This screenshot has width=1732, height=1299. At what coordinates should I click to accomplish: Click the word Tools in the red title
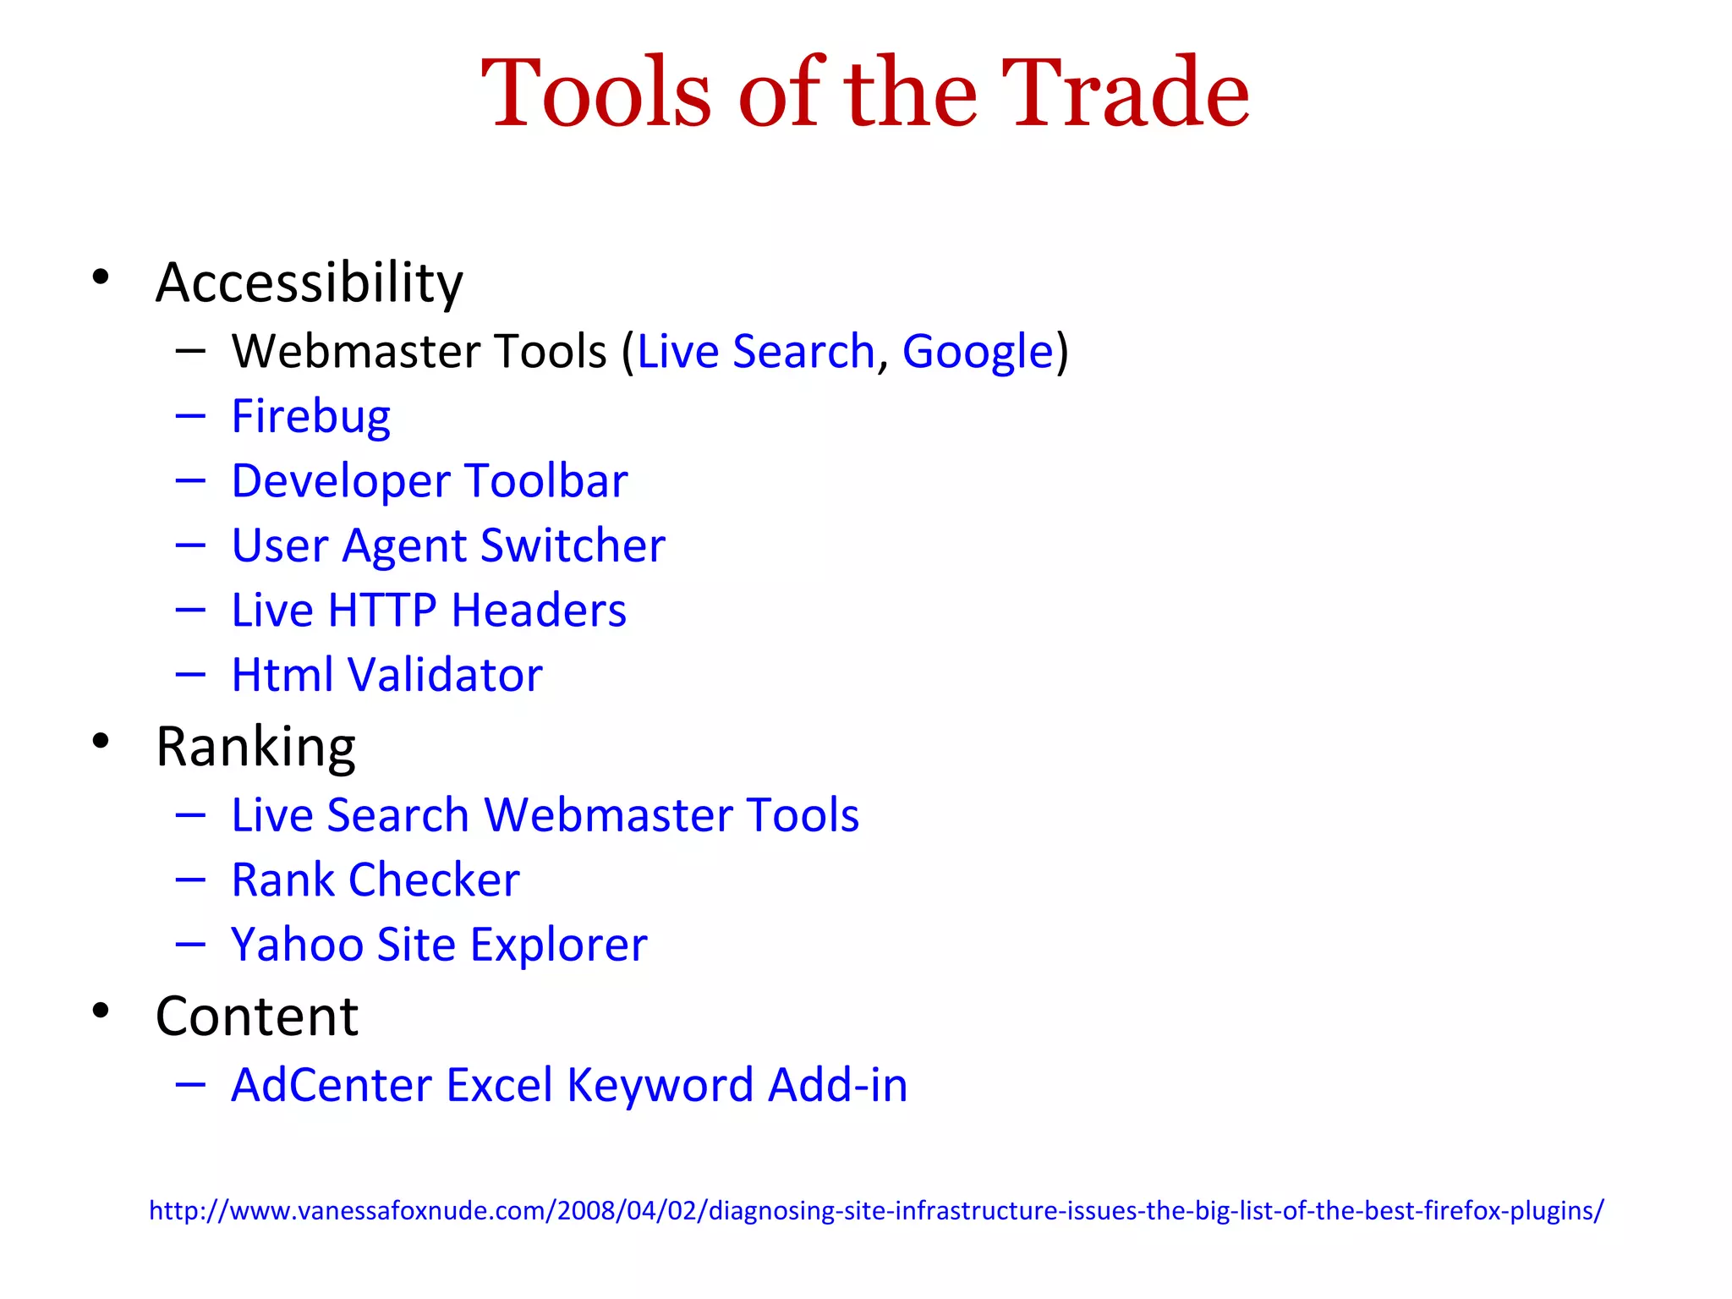[x=596, y=93]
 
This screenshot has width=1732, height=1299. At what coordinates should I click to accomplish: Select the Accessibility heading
[x=310, y=282]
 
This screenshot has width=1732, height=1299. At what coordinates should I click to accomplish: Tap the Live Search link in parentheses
[x=755, y=352]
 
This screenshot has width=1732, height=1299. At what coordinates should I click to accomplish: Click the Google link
[x=978, y=352]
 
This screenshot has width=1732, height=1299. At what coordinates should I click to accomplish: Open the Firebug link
[x=311, y=417]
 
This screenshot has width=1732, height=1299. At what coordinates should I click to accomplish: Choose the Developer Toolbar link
[x=430, y=481]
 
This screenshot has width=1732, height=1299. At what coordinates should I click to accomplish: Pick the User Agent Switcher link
[x=448, y=545]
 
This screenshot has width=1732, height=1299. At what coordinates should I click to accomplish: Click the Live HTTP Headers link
[x=429, y=611]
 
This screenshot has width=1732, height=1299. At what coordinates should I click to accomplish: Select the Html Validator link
[x=386, y=675]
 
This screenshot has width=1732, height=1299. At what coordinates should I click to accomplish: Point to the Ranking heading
[x=255, y=747]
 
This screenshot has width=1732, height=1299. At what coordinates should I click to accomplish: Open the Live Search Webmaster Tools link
[x=545, y=815]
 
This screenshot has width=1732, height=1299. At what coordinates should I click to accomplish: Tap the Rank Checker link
[x=375, y=880]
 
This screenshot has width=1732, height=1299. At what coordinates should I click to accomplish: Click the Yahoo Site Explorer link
[x=439, y=945]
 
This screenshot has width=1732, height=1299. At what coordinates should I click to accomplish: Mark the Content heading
[x=257, y=1016]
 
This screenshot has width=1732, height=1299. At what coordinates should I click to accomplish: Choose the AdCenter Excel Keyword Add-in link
[x=569, y=1085]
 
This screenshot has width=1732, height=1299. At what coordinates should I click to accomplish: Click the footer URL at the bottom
[x=876, y=1210]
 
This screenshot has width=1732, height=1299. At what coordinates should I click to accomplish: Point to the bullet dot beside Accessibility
[x=101, y=277]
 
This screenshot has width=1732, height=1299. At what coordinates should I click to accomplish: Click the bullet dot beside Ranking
[x=101, y=742]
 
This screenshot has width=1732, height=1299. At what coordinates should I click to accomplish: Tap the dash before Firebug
[x=191, y=416]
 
